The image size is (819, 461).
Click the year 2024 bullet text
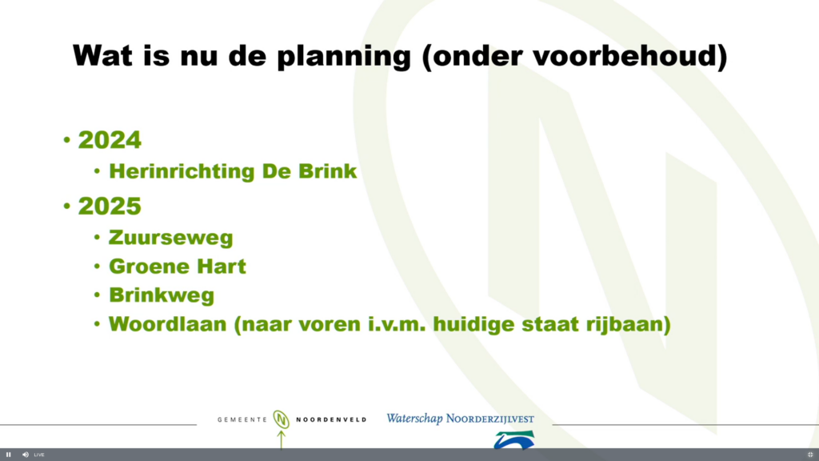point(110,140)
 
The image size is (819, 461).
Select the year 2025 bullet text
point(110,206)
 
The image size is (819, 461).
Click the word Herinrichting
point(182,172)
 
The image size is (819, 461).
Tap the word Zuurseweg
point(171,238)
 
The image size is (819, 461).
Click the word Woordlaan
point(168,324)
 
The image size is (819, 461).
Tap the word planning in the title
point(344,57)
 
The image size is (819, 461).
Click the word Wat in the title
point(102,55)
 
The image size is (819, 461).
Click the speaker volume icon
point(25,455)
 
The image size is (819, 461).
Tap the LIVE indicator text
point(39,455)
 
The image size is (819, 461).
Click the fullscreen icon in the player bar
point(810,455)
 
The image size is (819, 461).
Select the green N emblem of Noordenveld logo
point(281,419)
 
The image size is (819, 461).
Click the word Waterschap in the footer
point(415,419)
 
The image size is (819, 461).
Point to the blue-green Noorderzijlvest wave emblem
point(514,440)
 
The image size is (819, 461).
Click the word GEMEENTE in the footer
point(242,419)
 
